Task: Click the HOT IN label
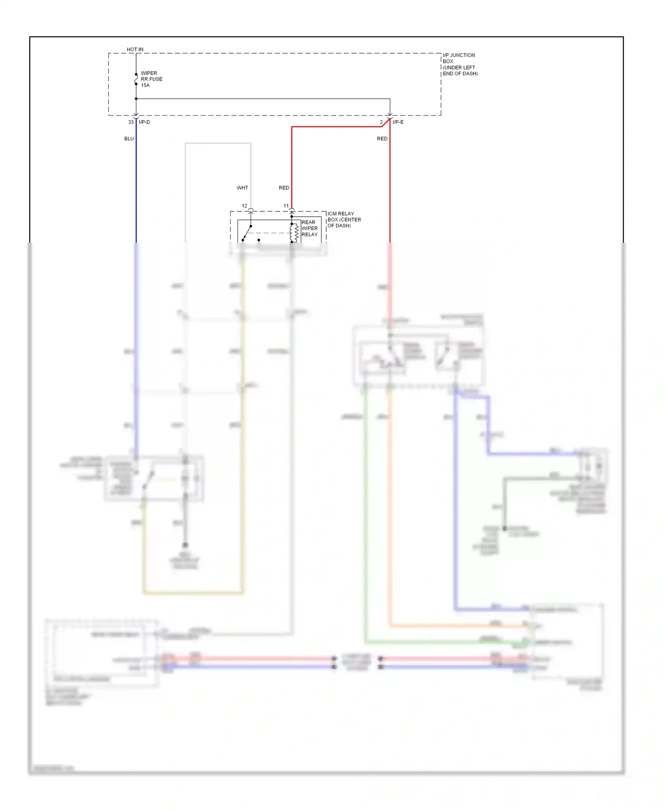coord(135,50)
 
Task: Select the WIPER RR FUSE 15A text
coord(151,79)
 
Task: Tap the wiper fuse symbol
coord(136,79)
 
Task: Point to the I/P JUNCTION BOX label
coord(460,64)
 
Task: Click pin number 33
coord(131,122)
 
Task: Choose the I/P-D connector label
coord(145,122)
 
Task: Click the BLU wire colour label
coord(129,139)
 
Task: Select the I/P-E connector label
coord(398,122)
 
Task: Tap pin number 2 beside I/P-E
coord(381,122)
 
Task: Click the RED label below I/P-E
coord(382,139)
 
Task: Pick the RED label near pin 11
coord(284,188)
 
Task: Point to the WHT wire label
coord(243,188)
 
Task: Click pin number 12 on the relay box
coord(244,206)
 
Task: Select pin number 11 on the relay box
coord(286,206)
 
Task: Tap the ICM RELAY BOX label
coord(344,220)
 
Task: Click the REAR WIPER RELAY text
coord(309,229)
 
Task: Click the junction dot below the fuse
coord(136,99)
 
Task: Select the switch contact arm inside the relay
coord(247,233)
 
